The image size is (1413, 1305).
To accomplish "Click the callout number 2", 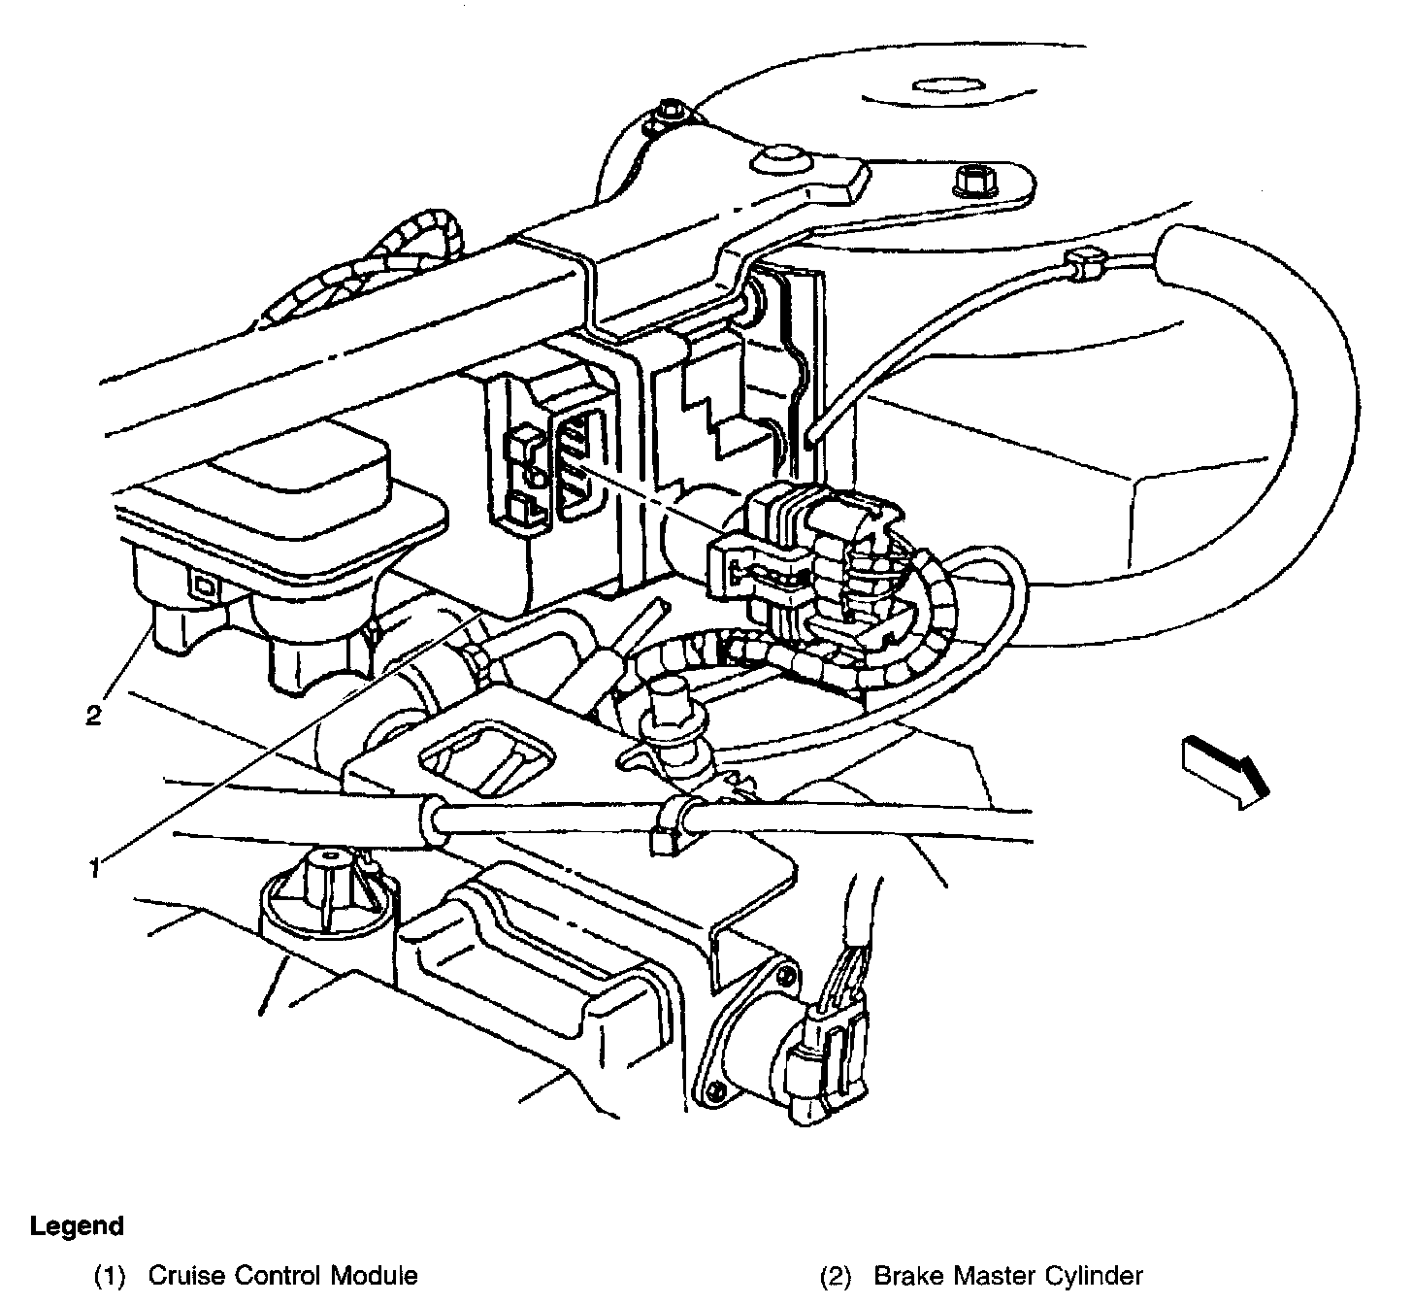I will (93, 717).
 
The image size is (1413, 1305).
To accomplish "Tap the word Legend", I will (77, 1226).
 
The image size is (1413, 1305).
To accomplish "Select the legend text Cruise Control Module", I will (282, 1275).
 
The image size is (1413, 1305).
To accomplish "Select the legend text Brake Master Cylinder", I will (1008, 1275).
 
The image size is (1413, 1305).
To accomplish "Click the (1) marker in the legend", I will (110, 1275).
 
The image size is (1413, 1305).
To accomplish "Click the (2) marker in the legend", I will (836, 1275).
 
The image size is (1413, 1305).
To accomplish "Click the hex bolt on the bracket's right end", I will (973, 182).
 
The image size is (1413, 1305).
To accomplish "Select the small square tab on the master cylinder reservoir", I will (204, 586).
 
